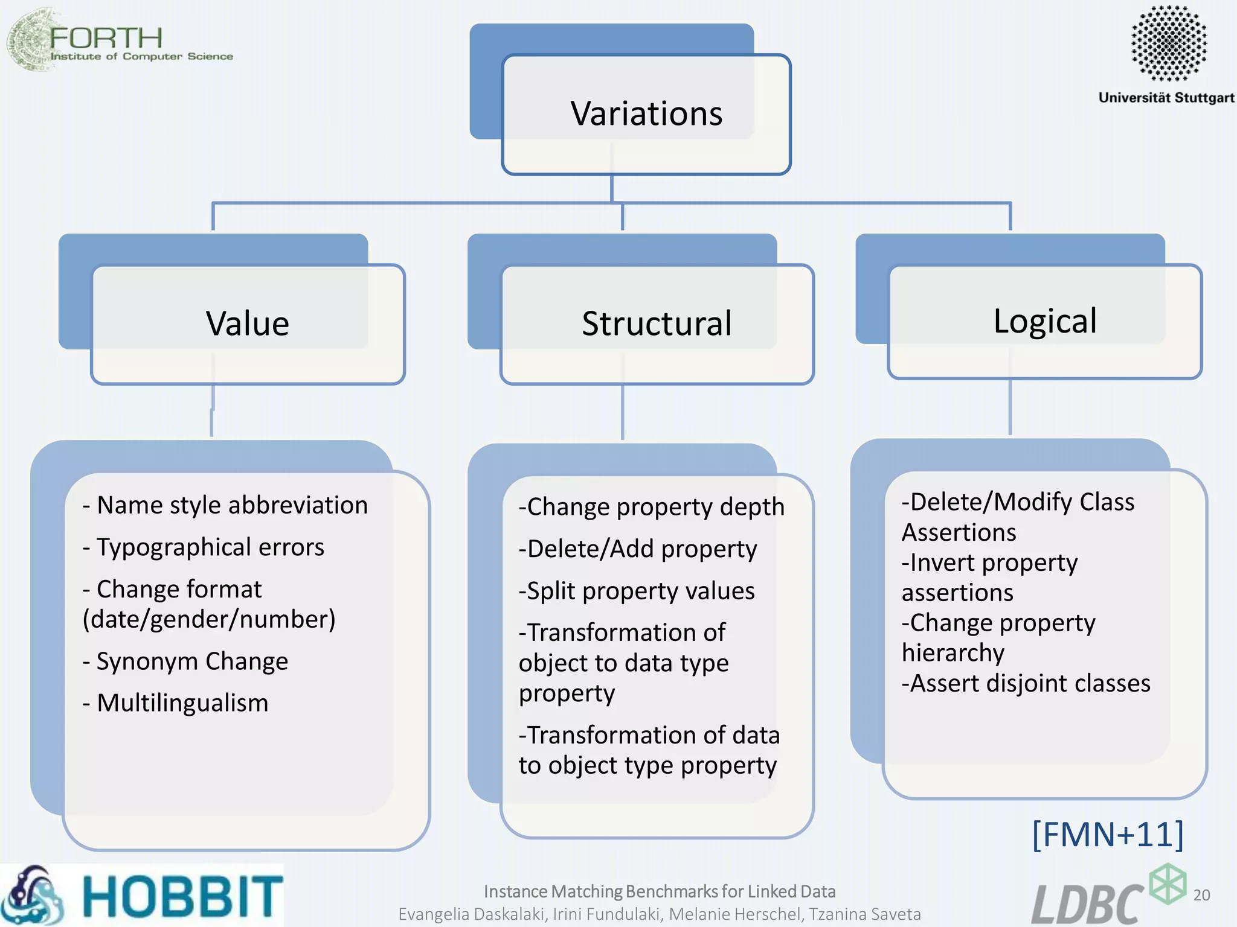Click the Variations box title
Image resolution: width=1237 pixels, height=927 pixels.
(x=646, y=113)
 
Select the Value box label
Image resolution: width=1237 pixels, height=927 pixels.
(x=248, y=323)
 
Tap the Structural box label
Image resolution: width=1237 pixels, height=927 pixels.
(x=657, y=323)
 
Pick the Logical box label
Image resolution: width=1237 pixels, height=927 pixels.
(x=1045, y=320)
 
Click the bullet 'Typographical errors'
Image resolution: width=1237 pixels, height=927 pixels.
(x=210, y=547)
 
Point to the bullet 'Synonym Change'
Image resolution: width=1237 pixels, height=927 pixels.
(x=192, y=661)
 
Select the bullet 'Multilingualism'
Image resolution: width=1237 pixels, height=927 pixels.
(x=182, y=703)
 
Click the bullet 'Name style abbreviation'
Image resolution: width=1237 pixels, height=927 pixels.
(x=232, y=505)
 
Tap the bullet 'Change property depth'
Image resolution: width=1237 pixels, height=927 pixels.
(x=651, y=507)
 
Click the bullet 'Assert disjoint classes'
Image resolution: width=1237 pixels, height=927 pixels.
(x=1026, y=683)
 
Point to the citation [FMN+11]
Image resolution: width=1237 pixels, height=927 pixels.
(x=1108, y=834)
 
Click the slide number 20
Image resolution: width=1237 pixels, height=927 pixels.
(x=1201, y=895)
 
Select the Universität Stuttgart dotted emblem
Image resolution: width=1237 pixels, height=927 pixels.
(x=1168, y=43)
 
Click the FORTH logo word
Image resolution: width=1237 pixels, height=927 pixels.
(x=106, y=38)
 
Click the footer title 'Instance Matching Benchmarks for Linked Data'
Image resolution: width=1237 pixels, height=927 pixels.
(x=660, y=891)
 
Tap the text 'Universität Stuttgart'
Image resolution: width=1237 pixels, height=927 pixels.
(x=1166, y=98)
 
